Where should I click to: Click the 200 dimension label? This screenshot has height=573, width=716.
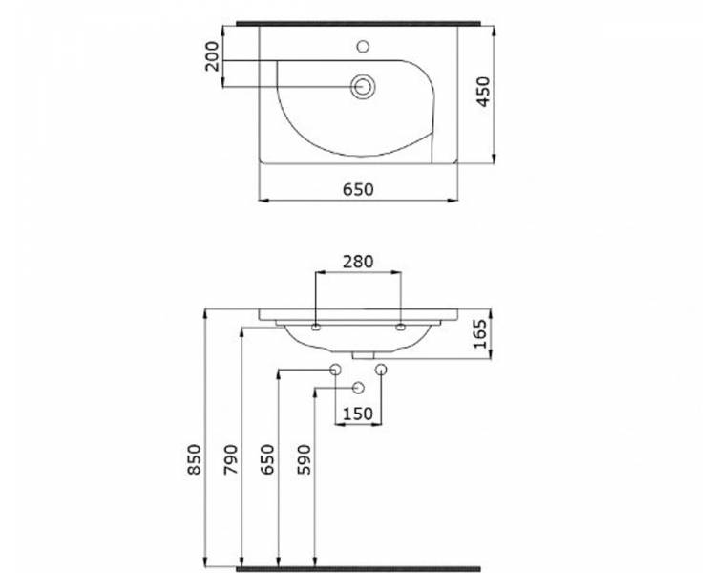(x=211, y=56)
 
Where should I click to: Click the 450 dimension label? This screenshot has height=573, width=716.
(x=483, y=92)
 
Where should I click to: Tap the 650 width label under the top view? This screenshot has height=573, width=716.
(x=358, y=190)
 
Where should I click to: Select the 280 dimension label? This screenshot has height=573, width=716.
(x=358, y=262)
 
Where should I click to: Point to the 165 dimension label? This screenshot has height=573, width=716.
(x=480, y=334)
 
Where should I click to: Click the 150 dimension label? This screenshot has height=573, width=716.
(x=358, y=414)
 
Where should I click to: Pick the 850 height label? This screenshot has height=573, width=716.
(x=194, y=459)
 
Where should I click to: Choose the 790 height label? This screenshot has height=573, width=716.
(x=231, y=459)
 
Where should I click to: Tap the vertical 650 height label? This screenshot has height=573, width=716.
(x=267, y=459)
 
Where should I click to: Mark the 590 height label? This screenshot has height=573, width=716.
(x=304, y=459)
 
